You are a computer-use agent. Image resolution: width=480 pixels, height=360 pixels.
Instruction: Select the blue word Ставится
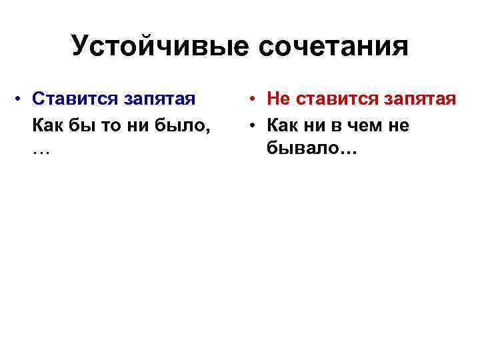pyautogui.click(x=71, y=99)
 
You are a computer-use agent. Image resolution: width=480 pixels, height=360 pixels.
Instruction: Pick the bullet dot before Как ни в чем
pyautogui.click(x=257, y=125)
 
